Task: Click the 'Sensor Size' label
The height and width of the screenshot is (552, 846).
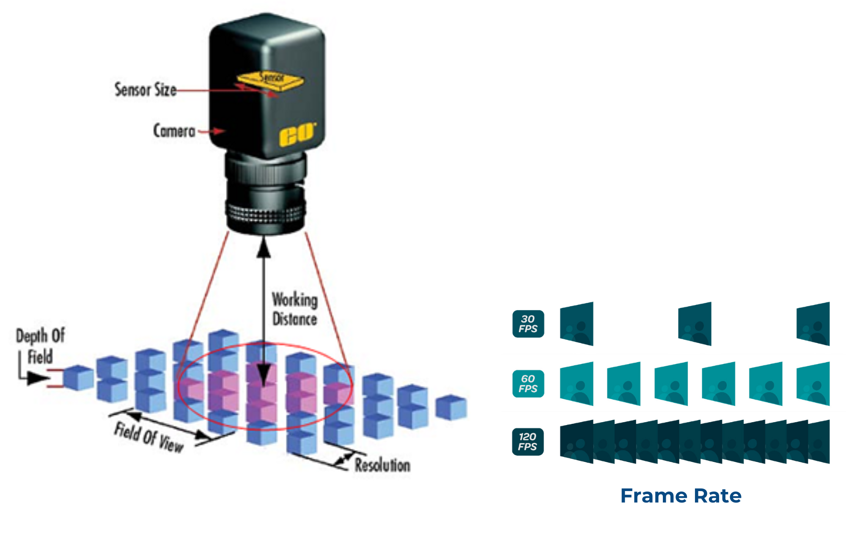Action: pos(146,90)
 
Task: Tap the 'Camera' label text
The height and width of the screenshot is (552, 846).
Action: pos(174,131)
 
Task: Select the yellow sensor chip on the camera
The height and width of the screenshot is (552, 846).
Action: pos(270,80)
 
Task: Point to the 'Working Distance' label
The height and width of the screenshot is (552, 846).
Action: pos(295,309)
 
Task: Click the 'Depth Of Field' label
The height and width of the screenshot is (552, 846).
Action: pos(40,346)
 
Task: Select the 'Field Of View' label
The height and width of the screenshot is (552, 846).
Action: pos(149,437)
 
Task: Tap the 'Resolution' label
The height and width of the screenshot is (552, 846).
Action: pos(382,465)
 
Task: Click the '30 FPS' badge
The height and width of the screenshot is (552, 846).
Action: pos(528,324)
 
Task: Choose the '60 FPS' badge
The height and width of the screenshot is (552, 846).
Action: pos(528,384)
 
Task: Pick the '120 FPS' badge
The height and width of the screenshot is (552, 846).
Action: pos(528,442)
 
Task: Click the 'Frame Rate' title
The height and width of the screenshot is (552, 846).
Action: pos(681,496)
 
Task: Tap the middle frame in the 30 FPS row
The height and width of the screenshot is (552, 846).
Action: pos(695,324)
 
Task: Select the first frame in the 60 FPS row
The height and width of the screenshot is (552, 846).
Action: pos(577,384)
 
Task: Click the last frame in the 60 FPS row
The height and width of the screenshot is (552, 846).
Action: pos(813,384)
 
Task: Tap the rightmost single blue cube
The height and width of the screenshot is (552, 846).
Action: pos(451,407)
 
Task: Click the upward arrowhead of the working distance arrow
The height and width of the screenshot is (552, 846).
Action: pos(264,247)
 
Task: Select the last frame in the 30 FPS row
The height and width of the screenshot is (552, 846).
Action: pos(813,324)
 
